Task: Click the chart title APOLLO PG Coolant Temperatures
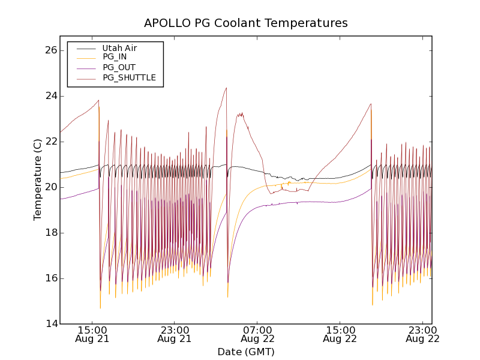coord(246,23)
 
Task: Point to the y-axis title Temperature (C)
coord(38,179)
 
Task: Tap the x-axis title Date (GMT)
coord(246,352)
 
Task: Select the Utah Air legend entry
coord(119,48)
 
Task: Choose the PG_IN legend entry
coord(115,57)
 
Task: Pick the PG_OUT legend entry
coord(119,67)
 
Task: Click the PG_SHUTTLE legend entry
coord(129,77)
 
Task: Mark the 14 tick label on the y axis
coord(50,324)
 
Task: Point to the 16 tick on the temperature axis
coord(50,278)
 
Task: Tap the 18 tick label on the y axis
coord(50,233)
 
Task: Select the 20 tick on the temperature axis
coord(50,187)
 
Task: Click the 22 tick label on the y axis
coord(50,142)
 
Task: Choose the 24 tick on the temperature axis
coord(50,96)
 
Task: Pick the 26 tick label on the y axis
coord(50,50)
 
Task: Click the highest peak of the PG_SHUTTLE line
coord(226,88)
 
